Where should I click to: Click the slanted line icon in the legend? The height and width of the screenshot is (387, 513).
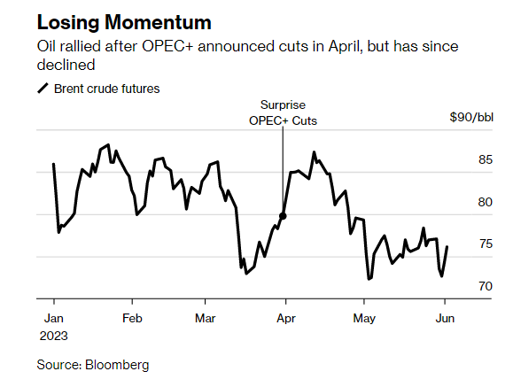coord(43,89)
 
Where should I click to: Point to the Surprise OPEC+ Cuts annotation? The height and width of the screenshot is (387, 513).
coord(283,112)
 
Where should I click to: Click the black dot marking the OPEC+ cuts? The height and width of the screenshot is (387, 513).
coord(284,215)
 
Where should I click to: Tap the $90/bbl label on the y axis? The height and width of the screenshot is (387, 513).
coord(471,118)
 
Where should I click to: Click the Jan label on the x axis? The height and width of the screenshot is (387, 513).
coord(51,317)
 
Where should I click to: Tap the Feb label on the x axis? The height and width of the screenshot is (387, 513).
coord(132,317)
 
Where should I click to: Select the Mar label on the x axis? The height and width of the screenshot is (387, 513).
coord(205,317)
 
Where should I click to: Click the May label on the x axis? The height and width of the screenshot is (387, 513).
coord(363,317)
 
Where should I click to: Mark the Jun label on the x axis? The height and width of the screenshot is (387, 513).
coord(445,317)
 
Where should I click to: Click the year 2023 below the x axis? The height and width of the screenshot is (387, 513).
coord(54,336)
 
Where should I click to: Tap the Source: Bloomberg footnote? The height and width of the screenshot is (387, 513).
coord(93,364)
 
